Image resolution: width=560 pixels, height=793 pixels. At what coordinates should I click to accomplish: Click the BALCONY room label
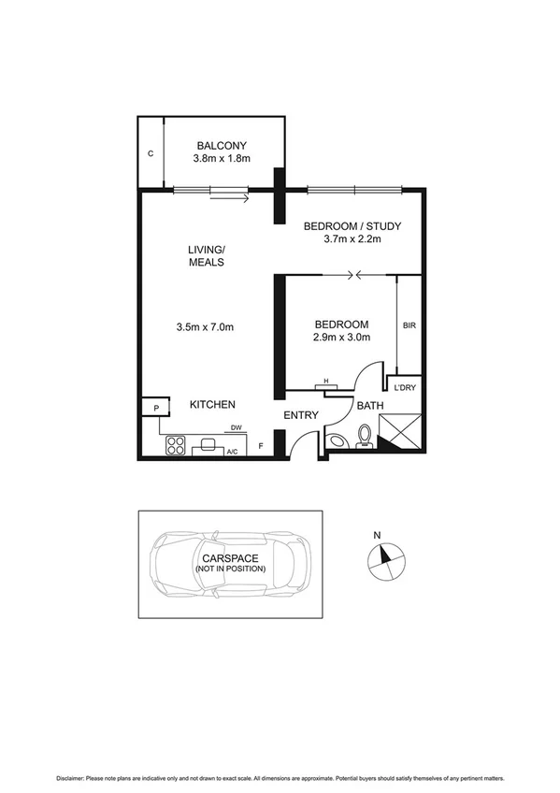click(x=221, y=145)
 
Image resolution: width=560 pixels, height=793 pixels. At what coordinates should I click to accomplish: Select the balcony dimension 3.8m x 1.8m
click(x=221, y=159)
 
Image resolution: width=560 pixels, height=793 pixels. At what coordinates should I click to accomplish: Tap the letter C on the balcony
click(x=151, y=152)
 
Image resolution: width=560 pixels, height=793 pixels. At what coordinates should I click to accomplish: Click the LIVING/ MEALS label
click(x=206, y=255)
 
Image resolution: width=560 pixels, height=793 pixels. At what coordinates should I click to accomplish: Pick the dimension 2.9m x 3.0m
click(x=341, y=338)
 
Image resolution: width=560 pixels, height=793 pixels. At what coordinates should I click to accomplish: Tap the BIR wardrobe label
click(x=409, y=325)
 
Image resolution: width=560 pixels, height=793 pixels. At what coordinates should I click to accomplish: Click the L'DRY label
click(x=405, y=386)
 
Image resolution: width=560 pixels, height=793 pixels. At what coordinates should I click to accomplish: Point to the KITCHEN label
click(x=212, y=404)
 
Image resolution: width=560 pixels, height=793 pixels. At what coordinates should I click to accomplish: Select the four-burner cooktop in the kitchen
click(x=176, y=445)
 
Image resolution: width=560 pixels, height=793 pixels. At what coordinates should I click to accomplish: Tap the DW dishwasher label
click(x=237, y=428)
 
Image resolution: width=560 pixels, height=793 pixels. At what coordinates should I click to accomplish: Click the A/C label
click(x=232, y=452)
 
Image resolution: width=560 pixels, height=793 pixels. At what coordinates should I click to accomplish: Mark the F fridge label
click(x=261, y=447)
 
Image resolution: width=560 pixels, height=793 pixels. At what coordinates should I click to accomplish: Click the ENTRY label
click(x=300, y=415)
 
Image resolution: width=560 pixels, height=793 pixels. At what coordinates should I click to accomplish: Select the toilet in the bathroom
click(x=366, y=436)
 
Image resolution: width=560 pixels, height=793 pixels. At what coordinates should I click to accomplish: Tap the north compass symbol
click(x=384, y=559)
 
